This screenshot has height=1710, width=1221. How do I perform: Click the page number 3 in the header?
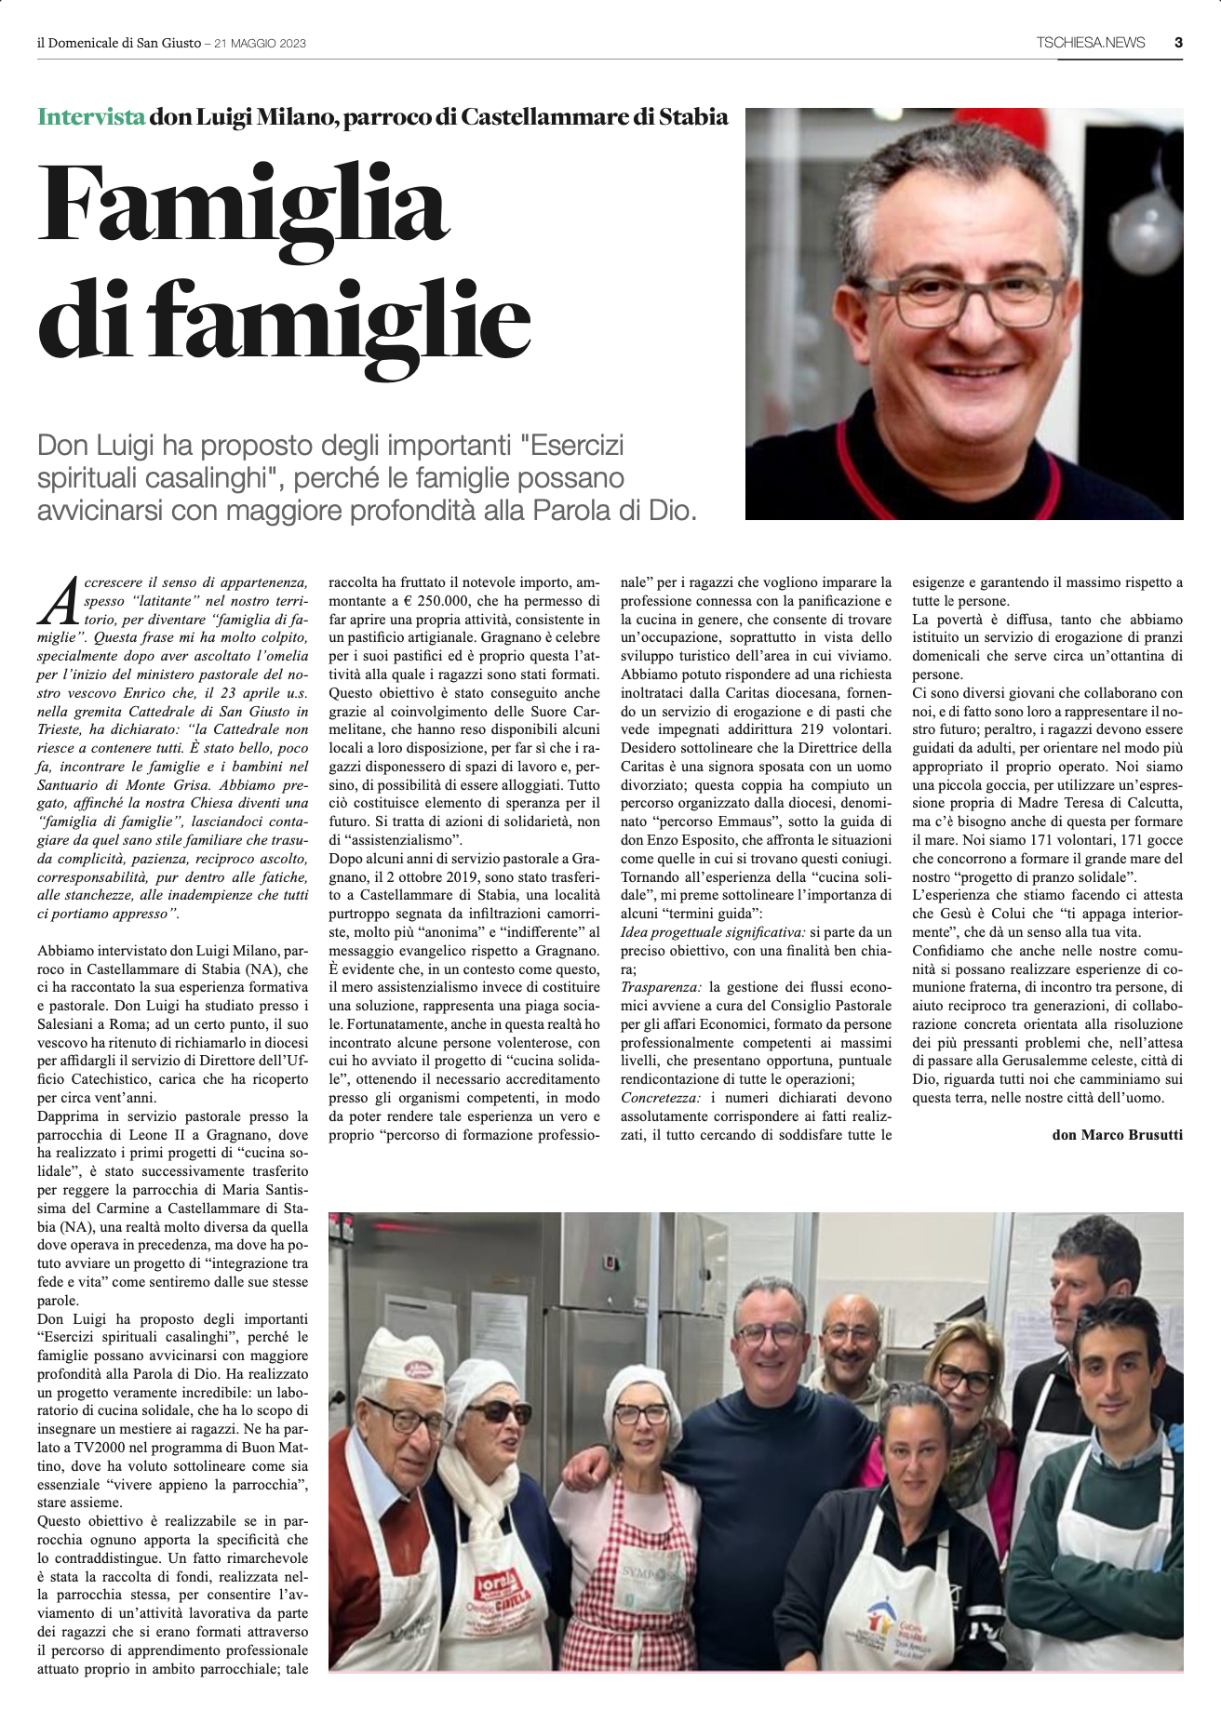[1178, 42]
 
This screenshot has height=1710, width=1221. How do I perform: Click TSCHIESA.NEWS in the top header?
[1091, 43]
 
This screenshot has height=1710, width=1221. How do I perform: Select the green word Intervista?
[91, 117]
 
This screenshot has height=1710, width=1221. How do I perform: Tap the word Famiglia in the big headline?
[243, 202]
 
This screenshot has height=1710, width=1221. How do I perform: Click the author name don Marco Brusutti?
[1118, 1135]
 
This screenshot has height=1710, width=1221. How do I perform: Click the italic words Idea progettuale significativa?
[713, 931]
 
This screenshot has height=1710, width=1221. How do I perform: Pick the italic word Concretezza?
[660, 1098]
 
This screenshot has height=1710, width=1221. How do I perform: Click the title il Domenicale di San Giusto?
[119, 44]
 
